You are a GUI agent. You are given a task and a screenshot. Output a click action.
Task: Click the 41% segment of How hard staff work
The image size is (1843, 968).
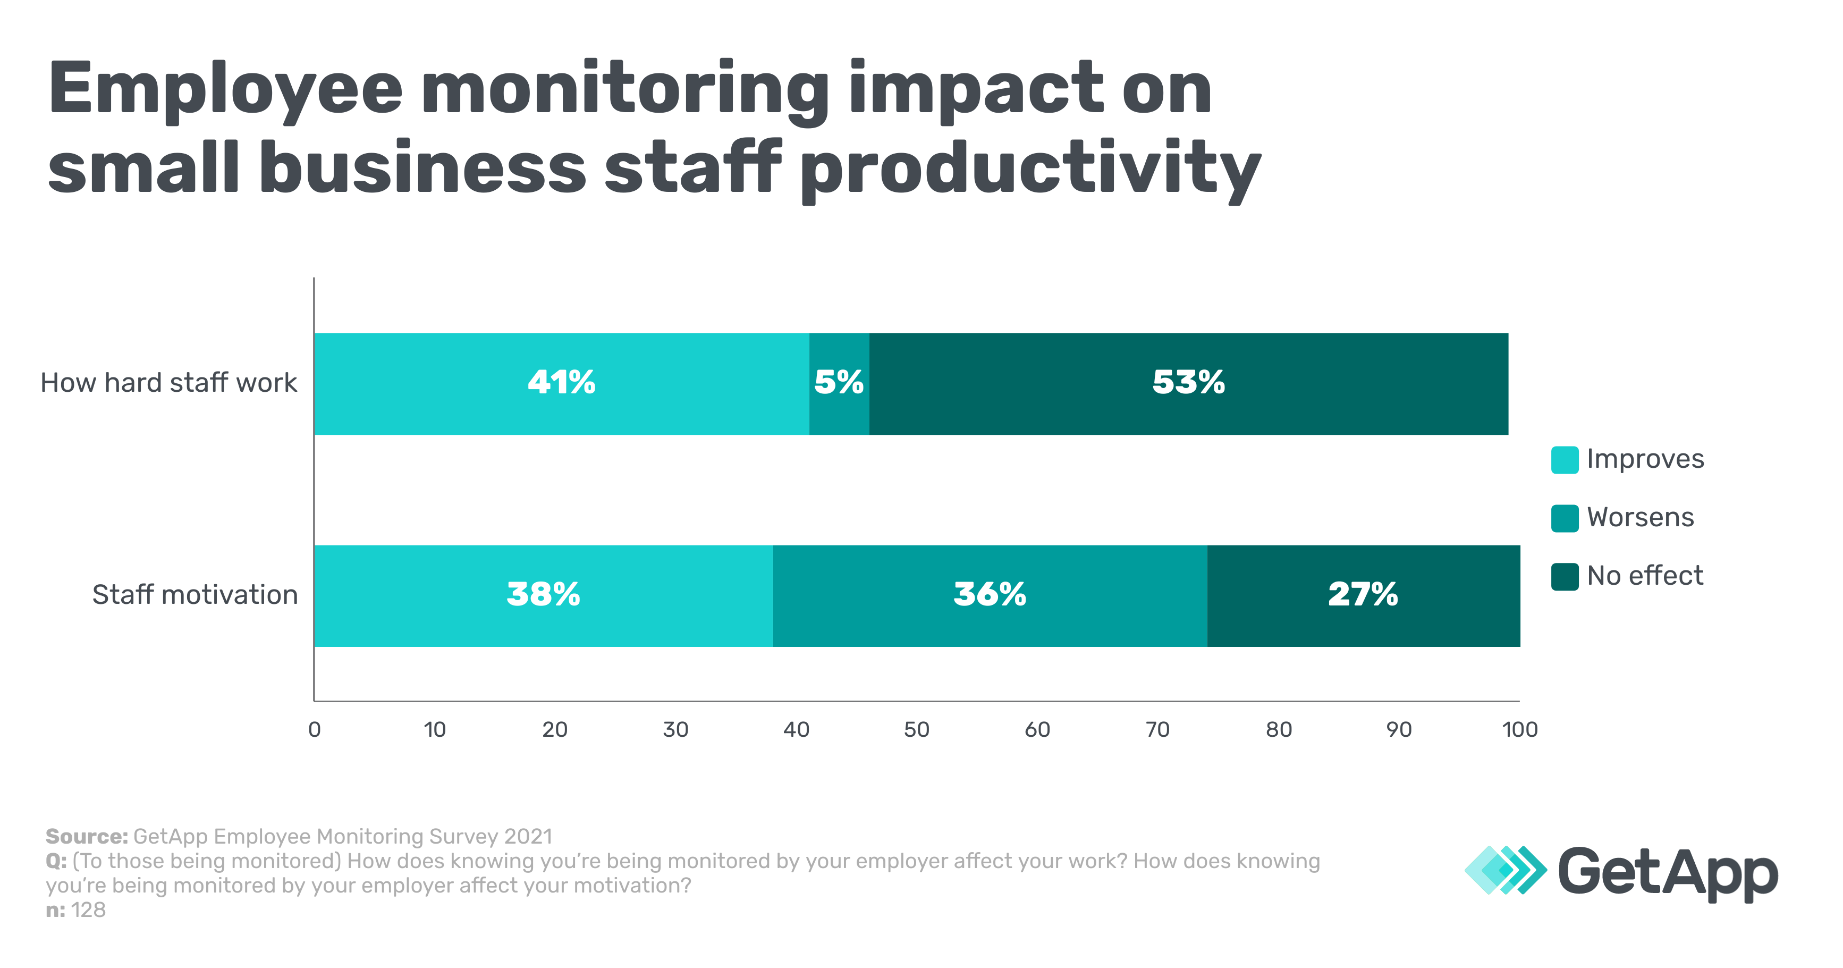pyautogui.click(x=562, y=383)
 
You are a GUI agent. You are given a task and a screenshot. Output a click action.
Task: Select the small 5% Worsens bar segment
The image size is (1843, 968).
pyautogui.click(x=839, y=383)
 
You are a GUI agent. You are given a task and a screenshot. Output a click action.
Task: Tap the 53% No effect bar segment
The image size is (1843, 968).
pyautogui.click(x=1188, y=383)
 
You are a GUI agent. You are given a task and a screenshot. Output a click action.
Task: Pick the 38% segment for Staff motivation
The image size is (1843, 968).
pyautogui.click(x=543, y=595)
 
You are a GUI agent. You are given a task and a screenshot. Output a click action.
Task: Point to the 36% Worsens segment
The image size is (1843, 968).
pyautogui.click(x=990, y=595)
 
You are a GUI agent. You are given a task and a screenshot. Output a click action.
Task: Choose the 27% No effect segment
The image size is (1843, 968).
pyautogui.click(x=1363, y=595)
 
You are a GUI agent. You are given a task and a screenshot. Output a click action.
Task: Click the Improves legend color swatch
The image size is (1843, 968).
pyautogui.click(x=1565, y=460)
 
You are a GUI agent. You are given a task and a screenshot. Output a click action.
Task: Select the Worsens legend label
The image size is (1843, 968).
pyautogui.click(x=1640, y=517)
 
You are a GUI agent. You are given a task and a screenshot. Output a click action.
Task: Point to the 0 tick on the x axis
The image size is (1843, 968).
pyautogui.click(x=314, y=730)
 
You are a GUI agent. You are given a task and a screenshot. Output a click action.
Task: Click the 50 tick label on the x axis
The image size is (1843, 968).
pyautogui.click(x=917, y=730)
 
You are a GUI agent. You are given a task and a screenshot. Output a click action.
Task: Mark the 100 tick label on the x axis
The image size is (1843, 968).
pyautogui.click(x=1519, y=730)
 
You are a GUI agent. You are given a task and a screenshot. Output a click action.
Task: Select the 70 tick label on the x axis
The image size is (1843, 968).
pyautogui.click(x=1157, y=730)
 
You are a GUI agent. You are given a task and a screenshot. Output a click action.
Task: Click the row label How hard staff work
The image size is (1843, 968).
pyautogui.click(x=169, y=383)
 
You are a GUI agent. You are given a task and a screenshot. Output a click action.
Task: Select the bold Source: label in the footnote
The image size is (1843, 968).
pyautogui.click(x=87, y=836)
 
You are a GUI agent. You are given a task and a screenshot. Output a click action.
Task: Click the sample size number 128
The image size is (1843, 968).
pyautogui.click(x=88, y=910)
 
